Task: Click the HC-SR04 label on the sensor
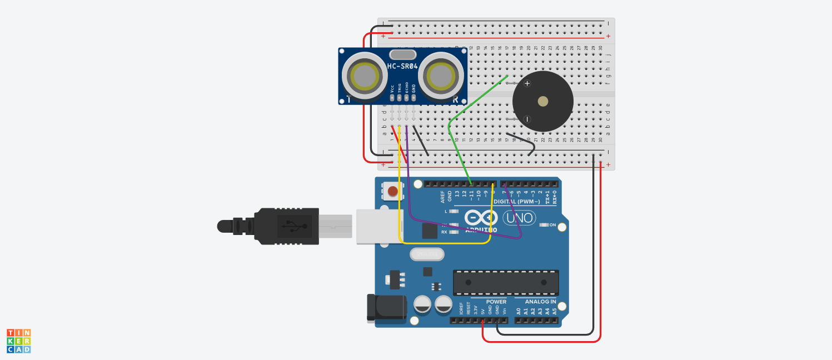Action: tap(402, 66)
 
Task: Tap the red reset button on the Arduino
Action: tap(393, 192)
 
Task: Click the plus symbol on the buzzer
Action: tap(527, 83)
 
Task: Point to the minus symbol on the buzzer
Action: tap(527, 119)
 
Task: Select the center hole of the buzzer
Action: tap(542, 101)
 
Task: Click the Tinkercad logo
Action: tap(19, 341)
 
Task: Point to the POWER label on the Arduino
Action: tap(496, 302)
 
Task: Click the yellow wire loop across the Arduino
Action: tap(445, 243)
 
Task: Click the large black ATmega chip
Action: tap(506, 282)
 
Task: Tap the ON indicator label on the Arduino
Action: tap(552, 225)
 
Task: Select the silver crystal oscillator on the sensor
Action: tap(403, 54)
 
